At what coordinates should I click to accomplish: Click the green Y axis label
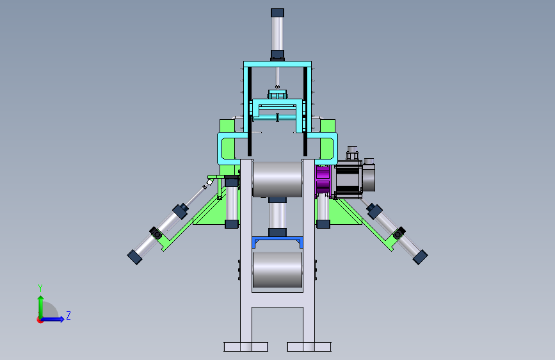coord(40,288)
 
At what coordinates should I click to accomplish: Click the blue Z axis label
coord(68,315)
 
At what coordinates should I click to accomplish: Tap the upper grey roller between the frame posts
coord(277,179)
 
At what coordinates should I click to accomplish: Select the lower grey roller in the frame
coord(278,270)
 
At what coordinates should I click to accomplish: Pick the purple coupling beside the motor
coord(323,180)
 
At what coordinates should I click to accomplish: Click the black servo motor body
coord(349,179)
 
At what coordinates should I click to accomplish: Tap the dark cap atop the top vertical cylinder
coord(278,13)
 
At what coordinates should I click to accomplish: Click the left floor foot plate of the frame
coord(246,347)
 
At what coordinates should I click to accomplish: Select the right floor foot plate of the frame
coord(309,347)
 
